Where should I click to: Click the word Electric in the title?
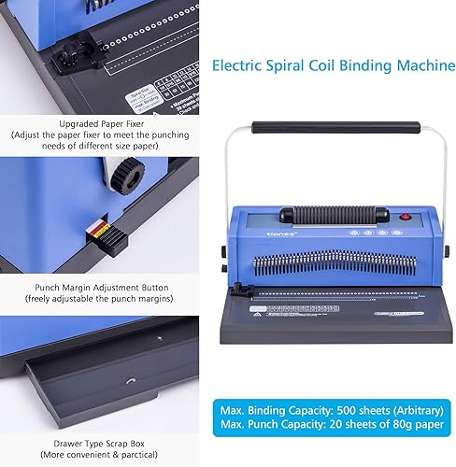click(x=239, y=65)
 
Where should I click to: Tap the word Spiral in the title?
click(x=292, y=65)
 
